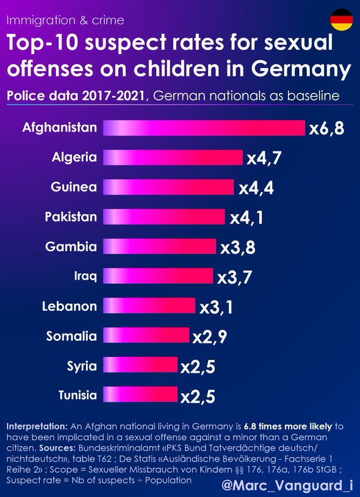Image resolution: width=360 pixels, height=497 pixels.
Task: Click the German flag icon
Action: tap(341, 20)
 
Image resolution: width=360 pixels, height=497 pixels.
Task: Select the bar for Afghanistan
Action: tap(204, 128)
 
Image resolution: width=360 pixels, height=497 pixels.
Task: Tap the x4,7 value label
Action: tap(264, 158)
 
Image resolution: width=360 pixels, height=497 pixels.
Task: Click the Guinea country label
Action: tap(73, 187)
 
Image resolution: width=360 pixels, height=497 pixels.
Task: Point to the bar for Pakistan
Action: tap(164, 216)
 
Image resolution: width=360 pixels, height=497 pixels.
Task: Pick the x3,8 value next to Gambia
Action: tap(238, 247)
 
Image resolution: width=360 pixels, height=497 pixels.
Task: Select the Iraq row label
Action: tap(85, 276)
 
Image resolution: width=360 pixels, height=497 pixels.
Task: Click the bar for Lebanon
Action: tap(149, 306)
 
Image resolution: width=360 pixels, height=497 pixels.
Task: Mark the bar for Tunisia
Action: tap(140, 395)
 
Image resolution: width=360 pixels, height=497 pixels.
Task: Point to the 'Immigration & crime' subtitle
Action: tap(65, 20)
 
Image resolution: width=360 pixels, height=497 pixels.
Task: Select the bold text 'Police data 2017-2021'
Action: tap(77, 96)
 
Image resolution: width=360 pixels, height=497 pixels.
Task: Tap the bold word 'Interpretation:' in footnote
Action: tap(37, 426)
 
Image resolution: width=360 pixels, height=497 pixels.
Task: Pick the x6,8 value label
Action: tap(327, 129)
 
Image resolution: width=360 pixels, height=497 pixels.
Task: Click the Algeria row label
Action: tap(74, 157)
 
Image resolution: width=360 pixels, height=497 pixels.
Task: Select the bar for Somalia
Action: tap(146, 336)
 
